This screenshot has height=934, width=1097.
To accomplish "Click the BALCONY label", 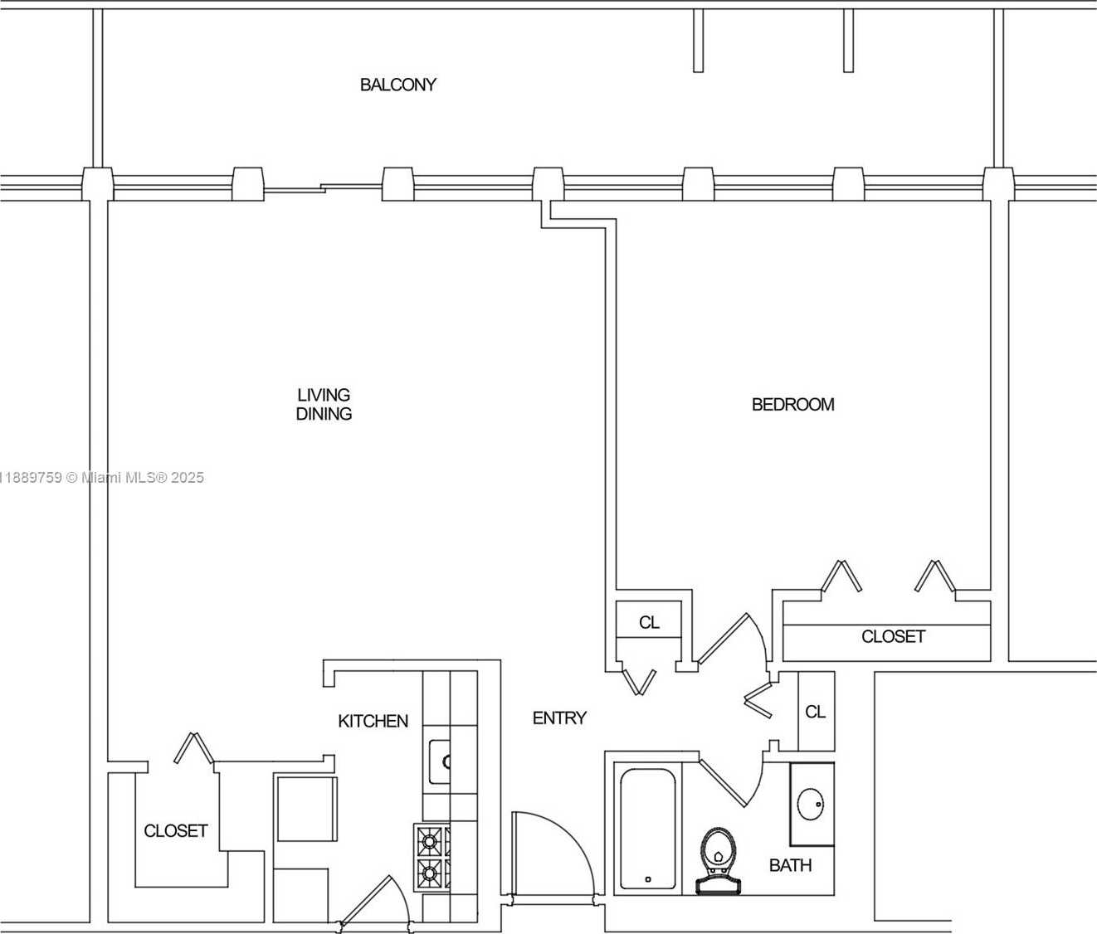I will pos(397,85).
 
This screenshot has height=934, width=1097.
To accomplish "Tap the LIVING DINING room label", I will pos(324,404).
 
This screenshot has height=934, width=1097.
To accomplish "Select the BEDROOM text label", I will pos(792,405).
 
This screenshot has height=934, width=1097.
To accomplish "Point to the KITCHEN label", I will pos(373,721).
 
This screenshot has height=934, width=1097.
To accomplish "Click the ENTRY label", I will pos(559,718).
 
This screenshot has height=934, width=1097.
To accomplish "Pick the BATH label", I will pos(790,865).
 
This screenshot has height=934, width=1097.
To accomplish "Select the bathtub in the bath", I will pos(647,829).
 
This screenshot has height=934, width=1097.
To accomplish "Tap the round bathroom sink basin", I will pos(811,804).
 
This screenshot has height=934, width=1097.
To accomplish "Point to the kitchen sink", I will pos(439,761).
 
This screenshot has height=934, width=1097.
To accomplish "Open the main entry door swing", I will pos(552,854).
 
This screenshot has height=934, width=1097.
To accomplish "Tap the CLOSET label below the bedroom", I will pos(893,636).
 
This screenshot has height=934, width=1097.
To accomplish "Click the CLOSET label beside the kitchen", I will pos(175,830).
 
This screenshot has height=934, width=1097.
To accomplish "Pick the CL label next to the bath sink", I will pos(815,712).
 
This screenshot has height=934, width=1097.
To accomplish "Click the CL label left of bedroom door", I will pos(649,622).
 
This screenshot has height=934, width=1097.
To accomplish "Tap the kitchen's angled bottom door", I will pos(373,900).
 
